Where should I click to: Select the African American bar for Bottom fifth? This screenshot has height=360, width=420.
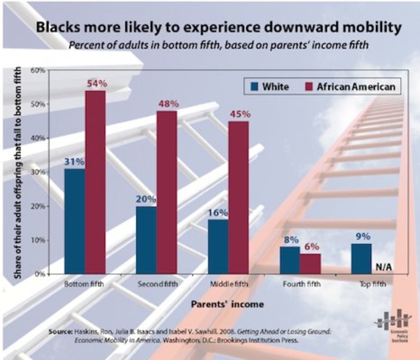click(x=95, y=182)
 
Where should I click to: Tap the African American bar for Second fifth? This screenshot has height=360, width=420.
click(x=167, y=192)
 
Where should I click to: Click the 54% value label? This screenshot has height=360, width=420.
click(x=96, y=83)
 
